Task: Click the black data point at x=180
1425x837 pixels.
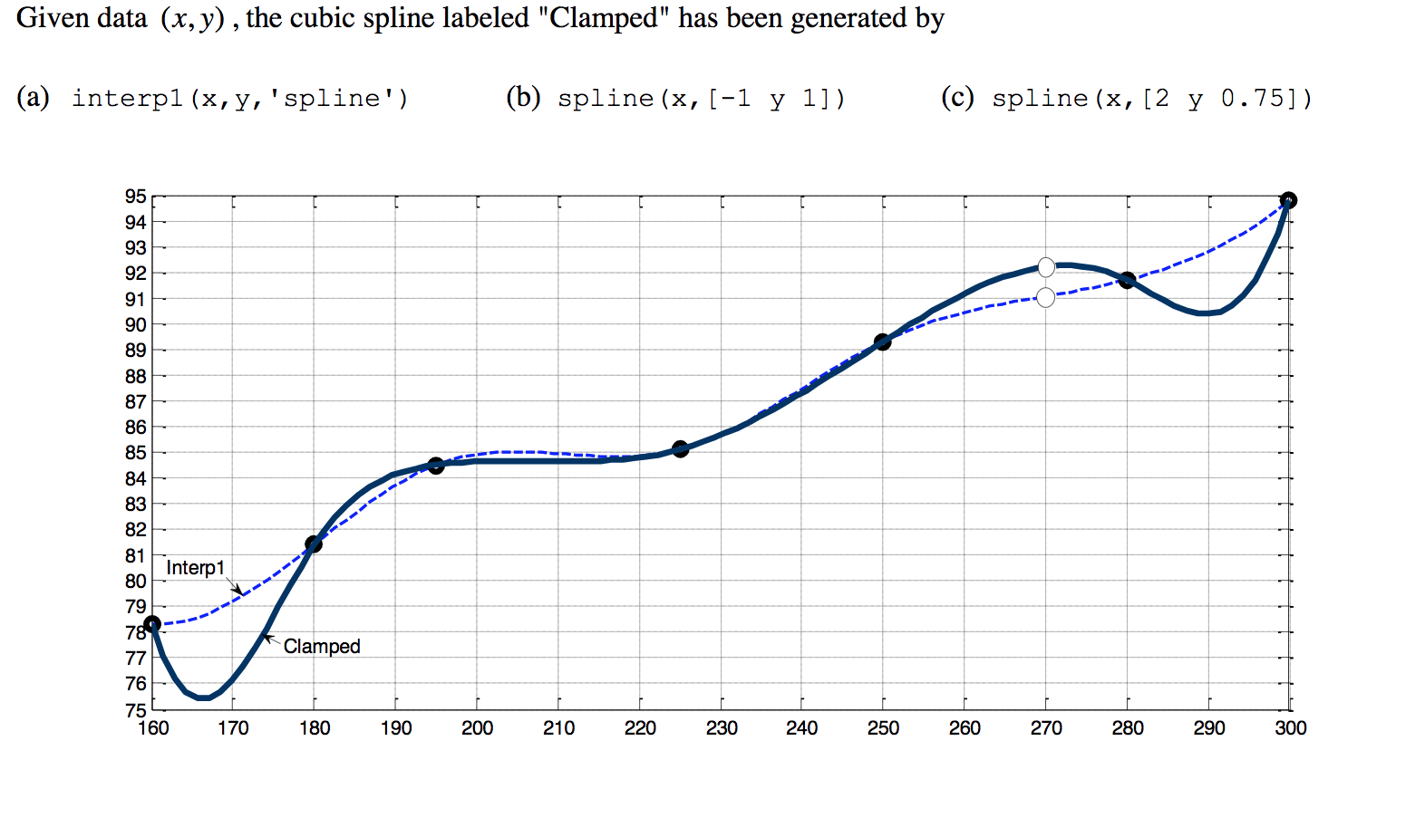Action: pyautogui.click(x=314, y=544)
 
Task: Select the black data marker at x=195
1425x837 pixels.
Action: pyautogui.click(x=436, y=466)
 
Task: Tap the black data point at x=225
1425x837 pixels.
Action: pyautogui.click(x=681, y=449)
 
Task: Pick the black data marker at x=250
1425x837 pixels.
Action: pyautogui.click(x=883, y=342)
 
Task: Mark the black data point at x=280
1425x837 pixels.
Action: pyautogui.click(x=1127, y=281)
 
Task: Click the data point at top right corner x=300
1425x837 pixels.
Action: pyautogui.click(x=1288, y=200)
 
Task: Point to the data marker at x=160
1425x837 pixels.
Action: pyautogui.click(x=152, y=624)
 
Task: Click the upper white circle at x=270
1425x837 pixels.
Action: pyautogui.click(x=1046, y=267)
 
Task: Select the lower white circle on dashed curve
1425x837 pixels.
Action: pyautogui.click(x=1045, y=297)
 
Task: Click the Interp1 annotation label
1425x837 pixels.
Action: pyautogui.click(x=195, y=568)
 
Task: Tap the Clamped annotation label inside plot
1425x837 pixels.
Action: pyautogui.click(x=322, y=647)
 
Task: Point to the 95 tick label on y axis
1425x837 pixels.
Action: pyautogui.click(x=135, y=197)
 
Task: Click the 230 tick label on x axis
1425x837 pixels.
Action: pyautogui.click(x=722, y=728)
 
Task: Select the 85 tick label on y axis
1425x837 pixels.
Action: pyautogui.click(x=135, y=453)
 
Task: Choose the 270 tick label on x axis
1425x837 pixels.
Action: pyautogui.click(x=1046, y=728)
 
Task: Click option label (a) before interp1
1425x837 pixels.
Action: pyautogui.click(x=33, y=98)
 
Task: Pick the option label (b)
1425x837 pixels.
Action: pyautogui.click(x=523, y=98)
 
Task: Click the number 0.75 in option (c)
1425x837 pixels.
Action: pyautogui.click(x=1254, y=98)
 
